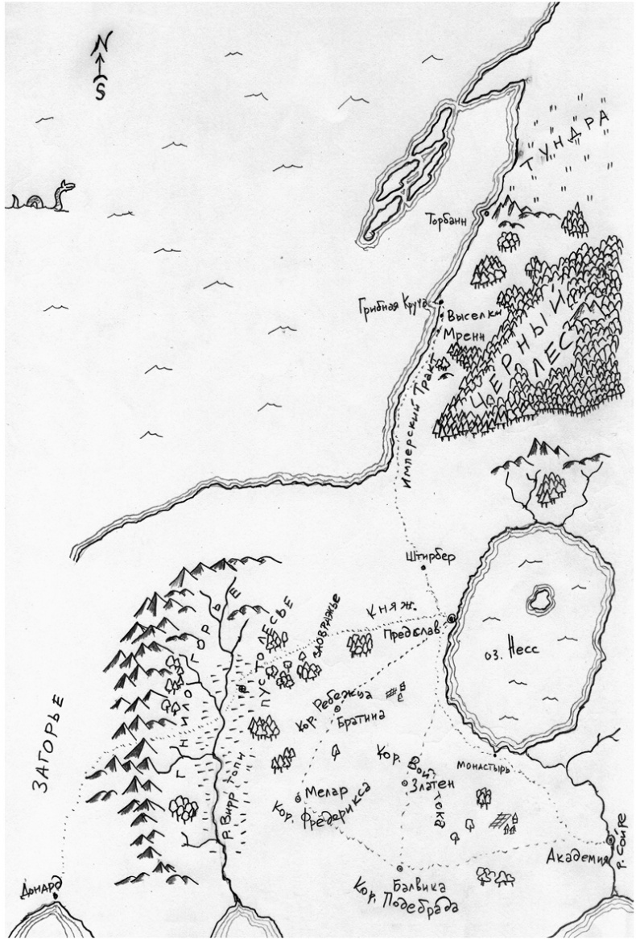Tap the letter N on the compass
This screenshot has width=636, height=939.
tap(100, 43)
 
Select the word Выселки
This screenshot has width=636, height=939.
tap(470, 316)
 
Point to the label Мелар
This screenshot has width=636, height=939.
tap(324, 791)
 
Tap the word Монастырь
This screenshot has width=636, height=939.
tap(485, 767)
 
